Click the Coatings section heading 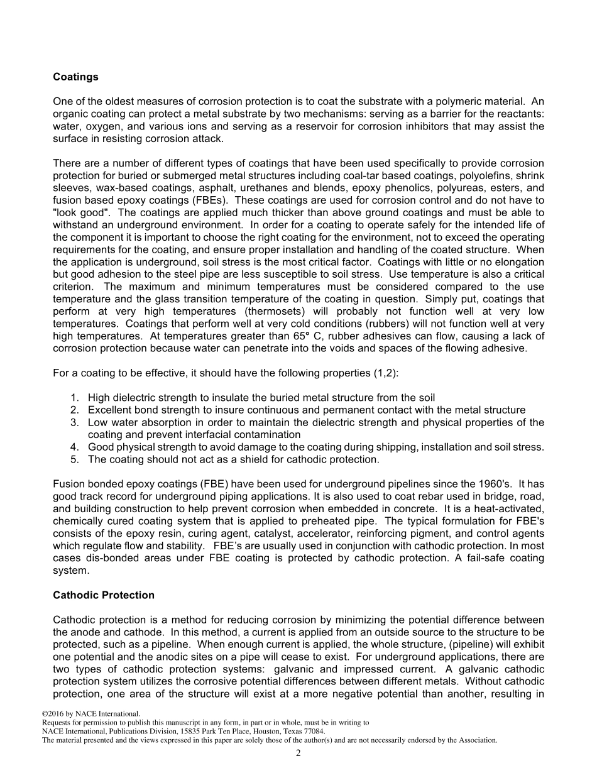point(75,77)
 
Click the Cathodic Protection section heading point(103,595)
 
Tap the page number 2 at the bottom point(298,754)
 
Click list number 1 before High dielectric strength point(74,397)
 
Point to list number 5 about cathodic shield point(74,459)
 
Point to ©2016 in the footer point(53,714)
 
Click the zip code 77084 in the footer point(314,732)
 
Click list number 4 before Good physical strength point(74,447)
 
